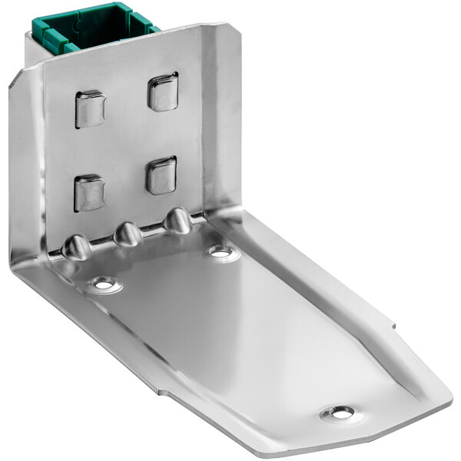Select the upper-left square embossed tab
[90, 108]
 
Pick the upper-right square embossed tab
[163, 91]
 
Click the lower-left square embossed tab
[89, 192]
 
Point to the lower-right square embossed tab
[161, 175]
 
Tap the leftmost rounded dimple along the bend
[77, 247]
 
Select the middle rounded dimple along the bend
[128, 234]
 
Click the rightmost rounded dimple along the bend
[178, 221]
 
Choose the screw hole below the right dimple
[221, 252]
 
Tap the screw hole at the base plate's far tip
[338, 413]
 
